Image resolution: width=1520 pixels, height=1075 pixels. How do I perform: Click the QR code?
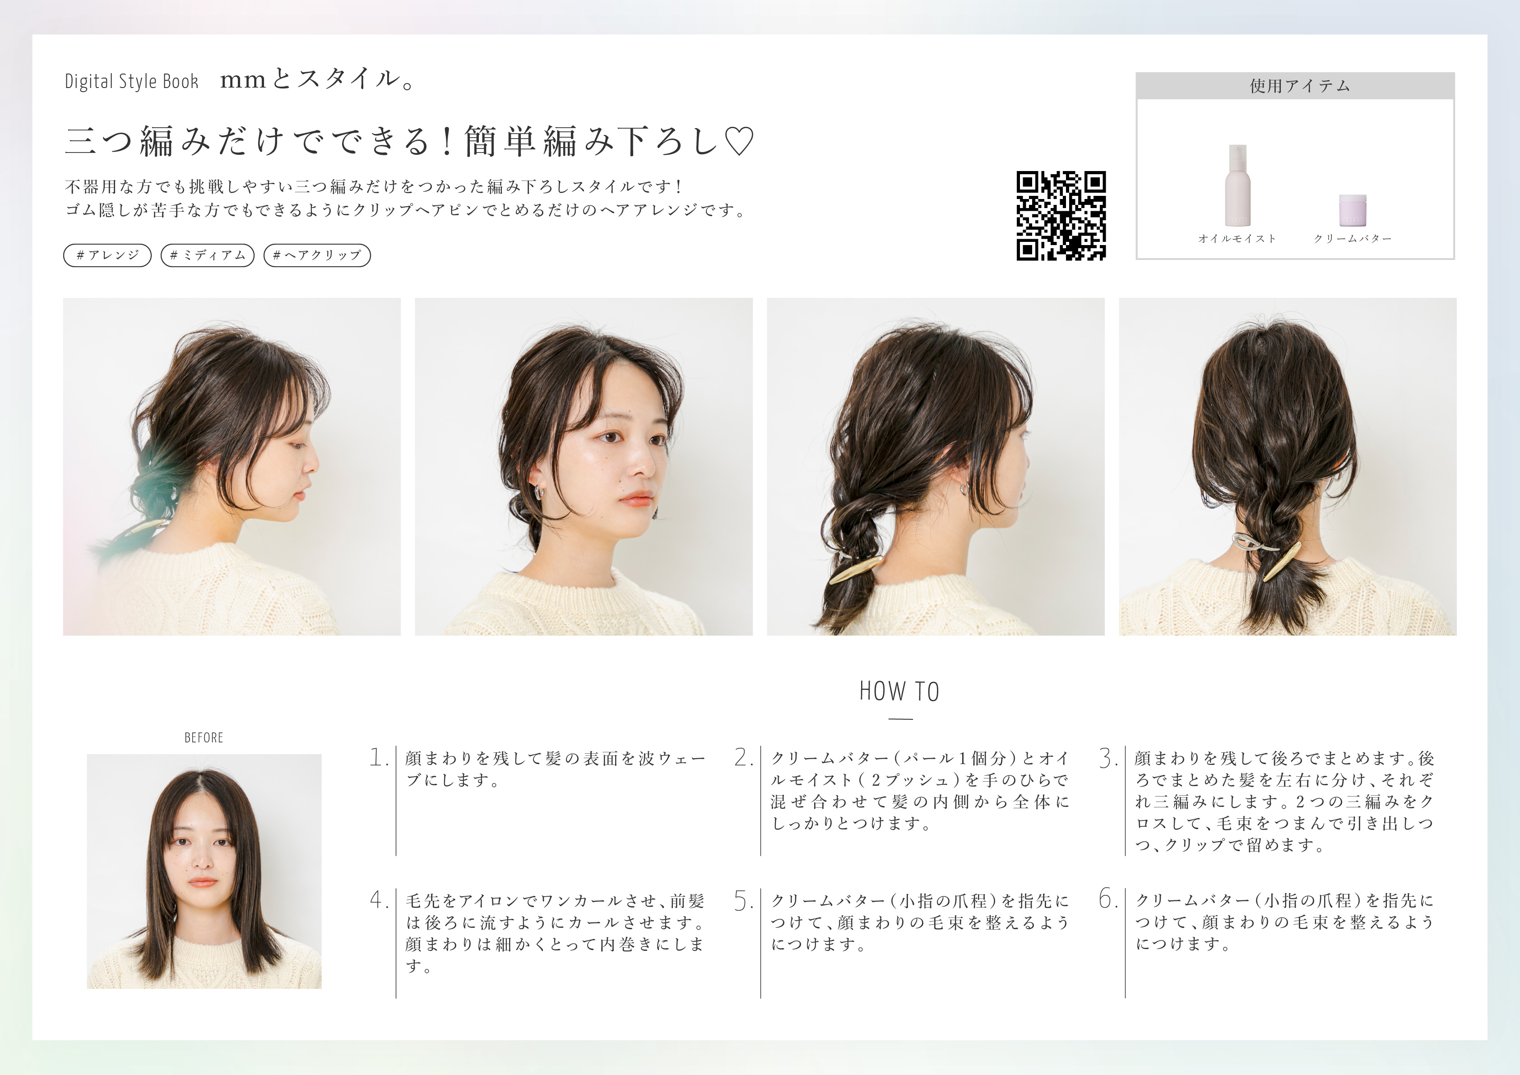1061,216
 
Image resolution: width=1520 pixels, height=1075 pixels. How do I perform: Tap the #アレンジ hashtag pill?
107,255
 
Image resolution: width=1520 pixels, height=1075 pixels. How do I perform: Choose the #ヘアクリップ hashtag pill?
317,255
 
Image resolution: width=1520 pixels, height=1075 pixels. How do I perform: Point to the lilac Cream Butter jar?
1353,210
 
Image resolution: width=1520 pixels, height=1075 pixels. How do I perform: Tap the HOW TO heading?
899,691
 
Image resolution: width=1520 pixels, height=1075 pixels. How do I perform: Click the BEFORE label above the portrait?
204,737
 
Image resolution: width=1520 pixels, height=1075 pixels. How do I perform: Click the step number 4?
380,900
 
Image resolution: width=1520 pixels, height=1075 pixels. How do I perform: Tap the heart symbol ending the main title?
740,141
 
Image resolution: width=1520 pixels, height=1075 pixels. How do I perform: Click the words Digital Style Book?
132,81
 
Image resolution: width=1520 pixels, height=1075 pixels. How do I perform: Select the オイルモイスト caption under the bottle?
1237,238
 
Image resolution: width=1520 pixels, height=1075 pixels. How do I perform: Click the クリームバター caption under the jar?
1353,238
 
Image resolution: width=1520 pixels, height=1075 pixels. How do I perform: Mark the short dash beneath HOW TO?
900,718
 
